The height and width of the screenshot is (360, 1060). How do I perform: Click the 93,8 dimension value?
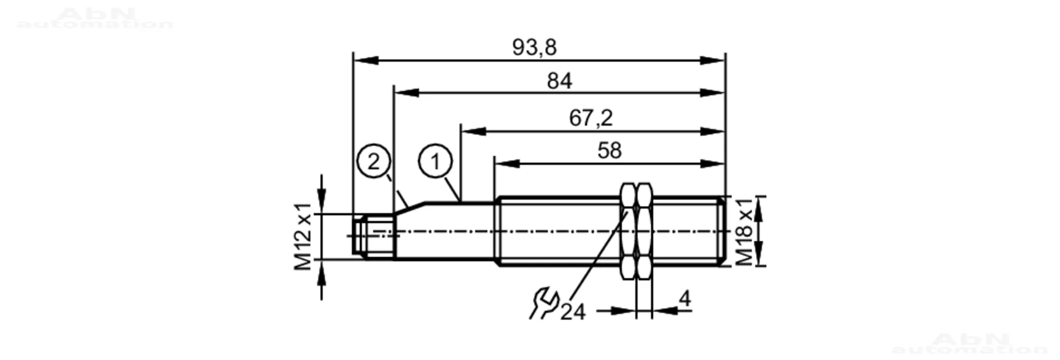click(x=534, y=48)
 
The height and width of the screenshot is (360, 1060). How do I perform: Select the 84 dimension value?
click(x=560, y=81)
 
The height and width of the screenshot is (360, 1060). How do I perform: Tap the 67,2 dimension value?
click(x=590, y=118)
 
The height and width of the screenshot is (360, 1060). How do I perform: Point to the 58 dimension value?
click(x=609, y=151)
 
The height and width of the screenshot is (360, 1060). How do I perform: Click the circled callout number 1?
click(x=435, y=162)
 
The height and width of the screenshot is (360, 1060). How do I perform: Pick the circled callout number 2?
click(x=374, y=161)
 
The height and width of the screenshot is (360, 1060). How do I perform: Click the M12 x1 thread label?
click(x=304, y=236)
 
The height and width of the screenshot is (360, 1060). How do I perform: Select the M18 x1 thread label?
click(x=744, y=232)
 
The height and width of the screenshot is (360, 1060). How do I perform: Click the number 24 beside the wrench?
click(x=573, y=312)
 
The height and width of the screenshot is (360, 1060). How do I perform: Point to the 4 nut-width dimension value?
click(x=685, y=299)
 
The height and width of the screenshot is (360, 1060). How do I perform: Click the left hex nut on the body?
click(x=628, y=231)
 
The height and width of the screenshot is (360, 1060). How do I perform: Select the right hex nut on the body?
click(x=644, y=231)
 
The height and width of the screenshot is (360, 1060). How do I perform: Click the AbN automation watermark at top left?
click(x=95, y=19)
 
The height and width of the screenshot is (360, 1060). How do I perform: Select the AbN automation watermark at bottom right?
click(x=970, y=344)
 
